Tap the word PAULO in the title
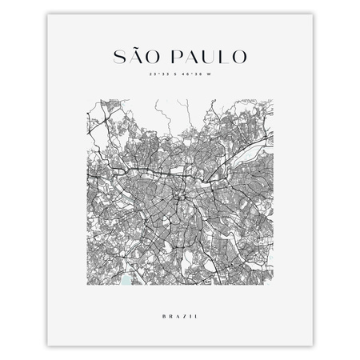211,58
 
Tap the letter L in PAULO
225,58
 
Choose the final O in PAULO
240,58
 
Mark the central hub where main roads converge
183,194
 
